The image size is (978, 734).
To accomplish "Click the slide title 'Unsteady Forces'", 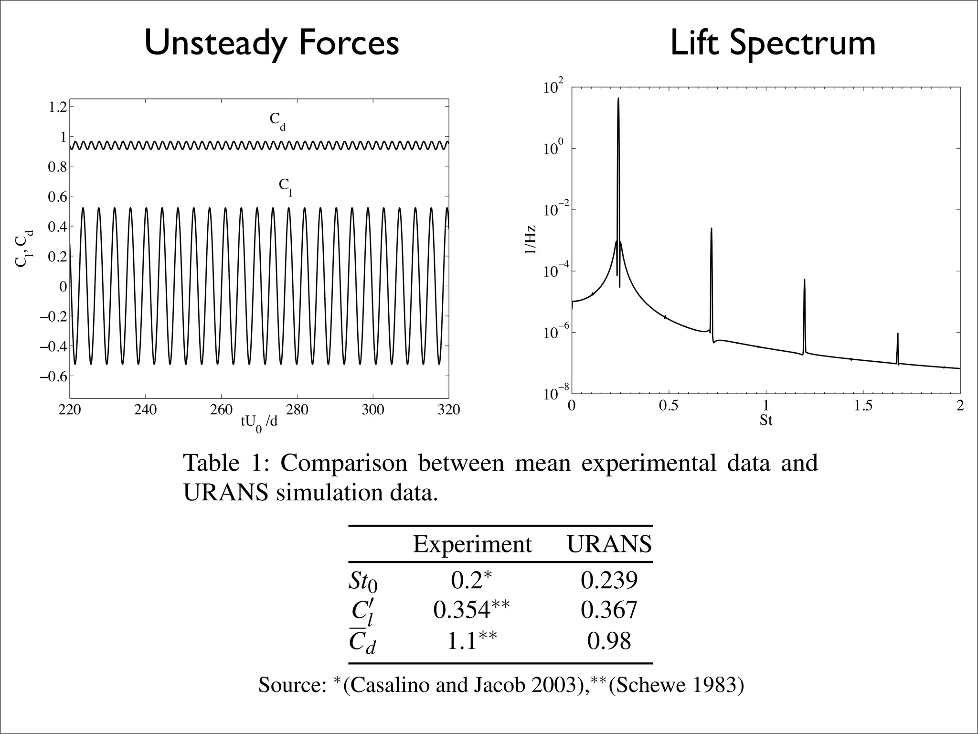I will point(271,43).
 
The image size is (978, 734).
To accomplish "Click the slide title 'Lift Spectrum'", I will point(773,43).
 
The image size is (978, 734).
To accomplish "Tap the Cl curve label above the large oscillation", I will point(286,187).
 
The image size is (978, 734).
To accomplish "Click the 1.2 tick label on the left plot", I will point(58,107).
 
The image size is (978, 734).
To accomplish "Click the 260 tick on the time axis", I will point(221,410).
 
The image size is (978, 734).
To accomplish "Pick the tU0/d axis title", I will point(259,422).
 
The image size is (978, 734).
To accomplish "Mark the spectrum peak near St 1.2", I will point(804,281).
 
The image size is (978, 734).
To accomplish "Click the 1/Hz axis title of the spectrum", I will point(531,240).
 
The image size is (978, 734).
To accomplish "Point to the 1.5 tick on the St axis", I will point(862,406).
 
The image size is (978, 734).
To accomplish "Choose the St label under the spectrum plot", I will point(766,421).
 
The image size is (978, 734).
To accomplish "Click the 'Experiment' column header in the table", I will point(472,544).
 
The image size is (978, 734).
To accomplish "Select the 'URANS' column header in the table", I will point(609,544).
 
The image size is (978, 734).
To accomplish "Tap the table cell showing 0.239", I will point(609,580).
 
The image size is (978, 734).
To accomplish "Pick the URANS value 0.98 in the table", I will point(609,641).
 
